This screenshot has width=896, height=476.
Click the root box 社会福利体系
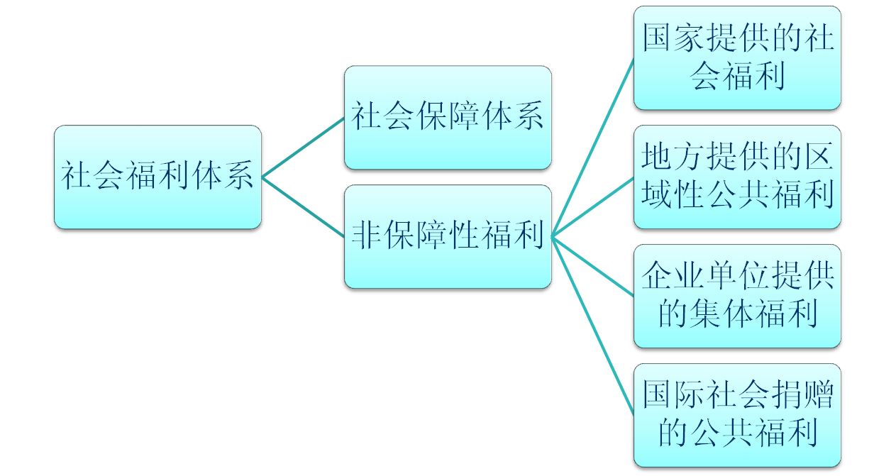point(157,177)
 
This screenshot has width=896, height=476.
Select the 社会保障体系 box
point(448,117)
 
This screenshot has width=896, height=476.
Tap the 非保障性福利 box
point(448,236)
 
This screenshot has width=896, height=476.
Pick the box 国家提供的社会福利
point(737,57)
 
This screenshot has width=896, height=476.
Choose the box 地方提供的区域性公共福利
point(737,177)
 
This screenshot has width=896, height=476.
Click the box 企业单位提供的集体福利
point(737,296)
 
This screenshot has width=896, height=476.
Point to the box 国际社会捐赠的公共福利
point(737,415)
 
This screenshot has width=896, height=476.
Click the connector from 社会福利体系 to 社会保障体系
point(303,147)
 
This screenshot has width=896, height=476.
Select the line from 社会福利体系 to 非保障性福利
point(303,206)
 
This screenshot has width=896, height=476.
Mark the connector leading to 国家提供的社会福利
point(592,147)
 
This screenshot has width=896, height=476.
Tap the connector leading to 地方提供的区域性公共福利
point(592,206)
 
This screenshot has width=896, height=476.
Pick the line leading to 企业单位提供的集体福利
point(592,266)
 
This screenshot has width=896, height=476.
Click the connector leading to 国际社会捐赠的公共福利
point(592,326)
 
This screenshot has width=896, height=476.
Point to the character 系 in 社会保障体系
point(529,117)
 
